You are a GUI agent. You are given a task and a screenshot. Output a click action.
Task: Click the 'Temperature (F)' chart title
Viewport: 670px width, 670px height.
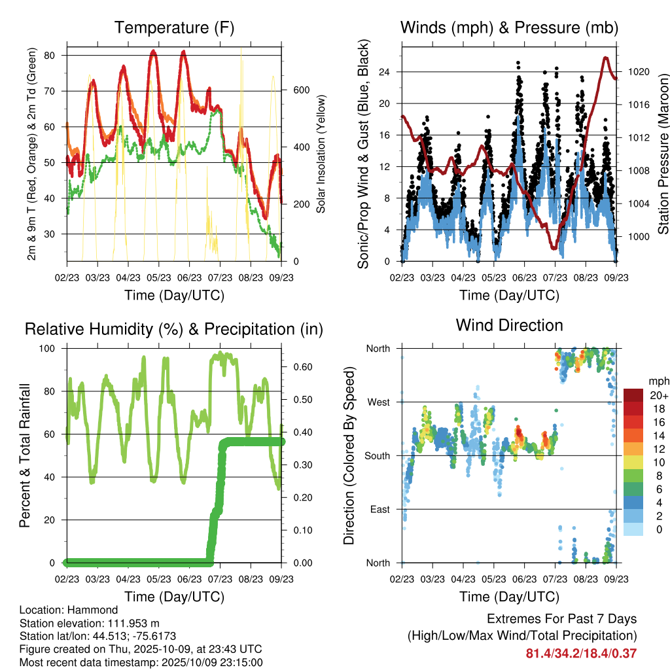(x=174, y=27)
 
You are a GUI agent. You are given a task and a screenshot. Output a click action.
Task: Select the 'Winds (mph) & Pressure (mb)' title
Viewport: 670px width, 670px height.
(x=509, y=27)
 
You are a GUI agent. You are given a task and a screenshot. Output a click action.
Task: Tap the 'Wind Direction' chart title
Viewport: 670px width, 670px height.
(x=509, y=325)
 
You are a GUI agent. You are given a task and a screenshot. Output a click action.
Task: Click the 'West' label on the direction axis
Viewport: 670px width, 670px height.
(x=378, y=402)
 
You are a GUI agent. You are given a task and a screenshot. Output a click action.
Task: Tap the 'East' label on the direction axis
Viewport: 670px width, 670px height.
(x=379, y=509)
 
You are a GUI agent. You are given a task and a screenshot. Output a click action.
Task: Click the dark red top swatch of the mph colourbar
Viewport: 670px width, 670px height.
(x=633, y=395)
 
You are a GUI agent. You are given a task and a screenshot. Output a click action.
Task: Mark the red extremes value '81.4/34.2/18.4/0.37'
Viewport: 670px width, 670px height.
(x=581, y=653)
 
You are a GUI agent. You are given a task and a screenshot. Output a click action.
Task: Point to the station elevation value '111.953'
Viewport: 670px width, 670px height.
(x=129, y=623)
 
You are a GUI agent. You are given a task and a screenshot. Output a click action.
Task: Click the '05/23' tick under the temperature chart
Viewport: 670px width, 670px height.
(x=159, y=278)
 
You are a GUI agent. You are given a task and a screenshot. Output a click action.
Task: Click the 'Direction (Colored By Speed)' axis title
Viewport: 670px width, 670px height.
(x=349, y=455)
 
